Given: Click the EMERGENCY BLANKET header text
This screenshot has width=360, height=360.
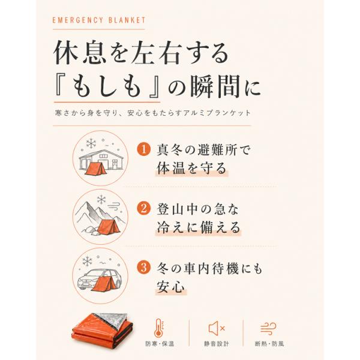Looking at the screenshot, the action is point(99,20).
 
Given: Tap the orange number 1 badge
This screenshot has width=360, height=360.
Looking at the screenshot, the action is point(144,149).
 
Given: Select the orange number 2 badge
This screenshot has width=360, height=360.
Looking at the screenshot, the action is point(144,209).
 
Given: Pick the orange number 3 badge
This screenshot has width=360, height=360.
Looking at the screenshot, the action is point(144,268).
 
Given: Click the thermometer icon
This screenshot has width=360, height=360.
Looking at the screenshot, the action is point(159,328).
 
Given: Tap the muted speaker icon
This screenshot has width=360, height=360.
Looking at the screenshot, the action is point(216,328).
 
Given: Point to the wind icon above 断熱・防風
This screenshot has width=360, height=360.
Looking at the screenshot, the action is point(268,328).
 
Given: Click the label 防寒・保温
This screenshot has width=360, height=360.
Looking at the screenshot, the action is point(160,344).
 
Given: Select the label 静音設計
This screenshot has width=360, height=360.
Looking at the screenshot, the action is point(216,344).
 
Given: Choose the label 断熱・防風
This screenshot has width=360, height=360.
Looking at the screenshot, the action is point(269,344).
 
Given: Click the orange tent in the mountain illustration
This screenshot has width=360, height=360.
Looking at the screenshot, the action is point(110,227).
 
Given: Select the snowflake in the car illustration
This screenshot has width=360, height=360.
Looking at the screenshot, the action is point(87,261).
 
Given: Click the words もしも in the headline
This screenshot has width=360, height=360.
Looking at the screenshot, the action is point(107,88).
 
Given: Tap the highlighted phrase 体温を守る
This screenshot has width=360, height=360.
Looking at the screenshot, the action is point(192,168).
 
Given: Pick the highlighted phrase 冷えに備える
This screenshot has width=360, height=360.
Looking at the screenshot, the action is point(199,227).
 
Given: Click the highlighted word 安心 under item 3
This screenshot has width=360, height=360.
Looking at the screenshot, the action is point(171,287).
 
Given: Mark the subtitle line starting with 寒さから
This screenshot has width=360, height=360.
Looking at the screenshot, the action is point(152,113).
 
